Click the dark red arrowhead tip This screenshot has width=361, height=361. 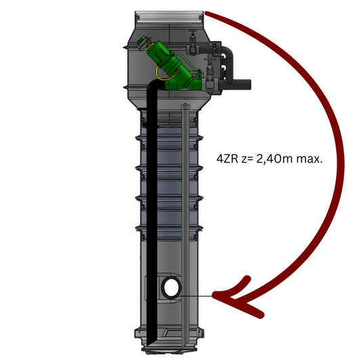pos(213,295)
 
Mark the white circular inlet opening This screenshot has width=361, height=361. pos(171,287)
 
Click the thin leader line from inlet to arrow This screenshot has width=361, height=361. pos(195,296)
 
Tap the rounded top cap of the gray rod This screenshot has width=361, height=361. pos(185,106)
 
